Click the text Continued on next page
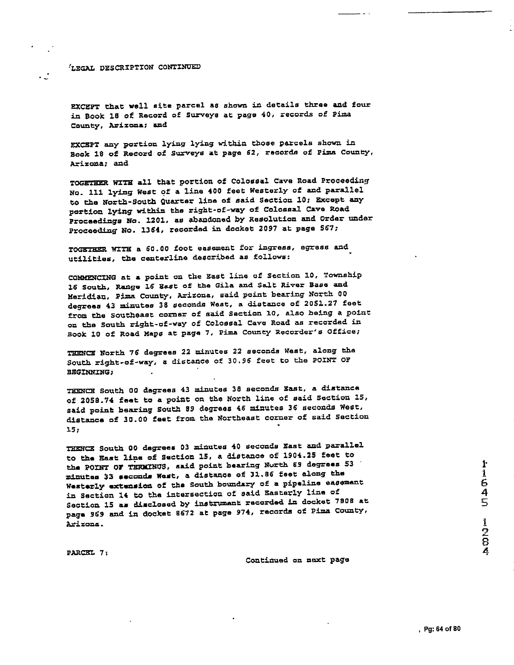click(297, 560)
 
